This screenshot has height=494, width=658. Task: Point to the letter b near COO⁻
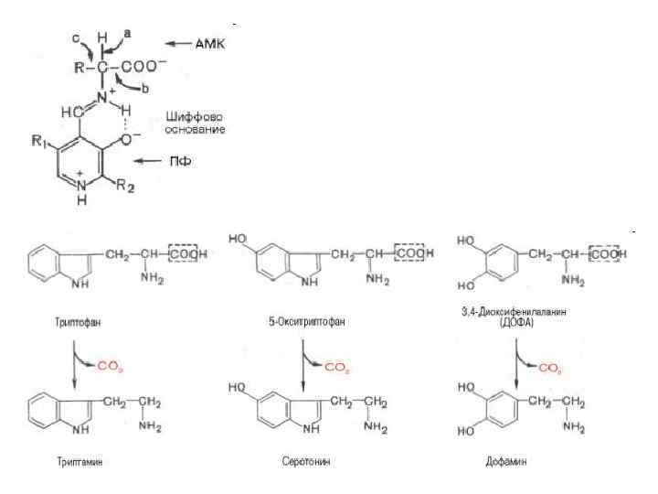click(143, 87)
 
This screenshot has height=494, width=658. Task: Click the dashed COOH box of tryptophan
click(187, 253)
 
